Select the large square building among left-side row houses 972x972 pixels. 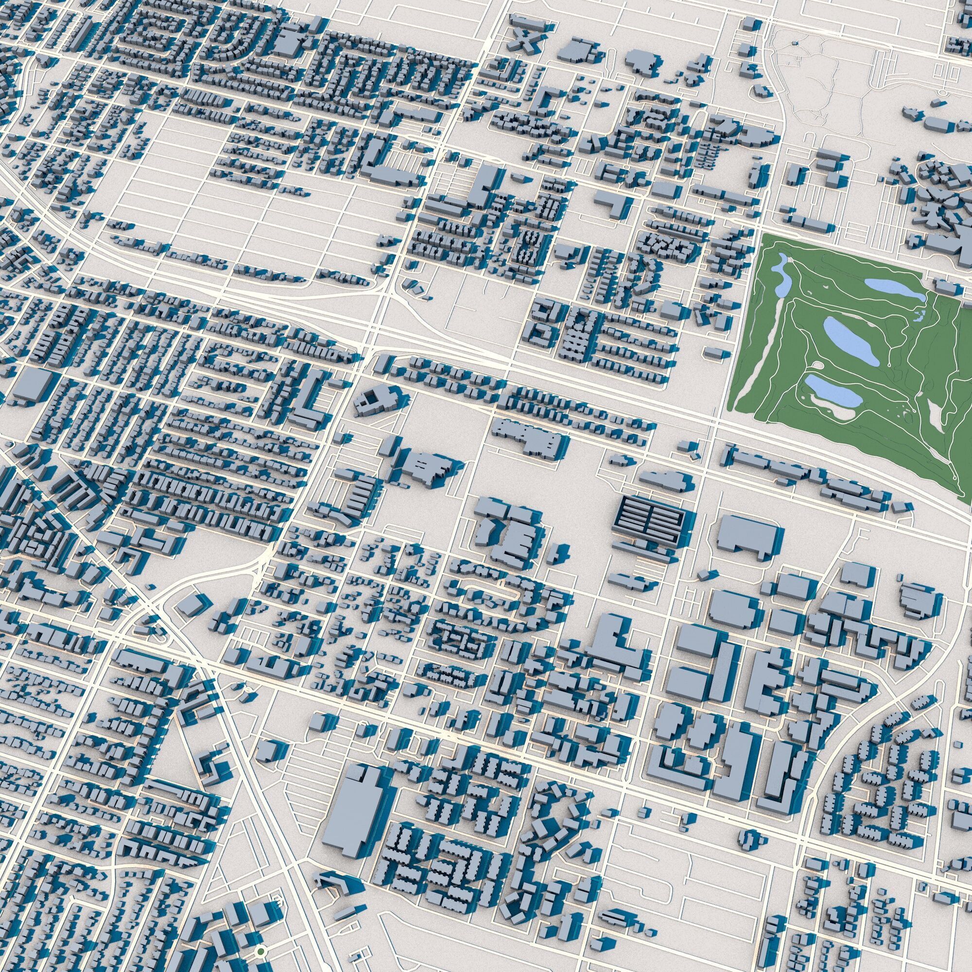[33, 383]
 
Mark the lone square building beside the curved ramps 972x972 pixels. [189, 605]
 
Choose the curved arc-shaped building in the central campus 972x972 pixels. [484, 529]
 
